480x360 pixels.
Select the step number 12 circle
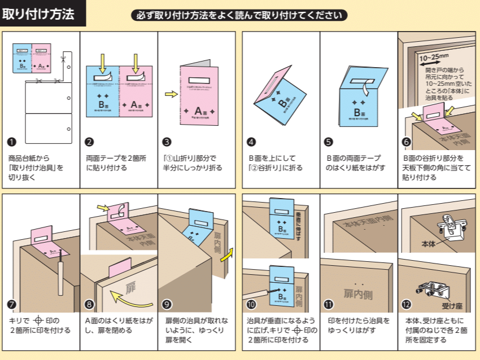(407, 305)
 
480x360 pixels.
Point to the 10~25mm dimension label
(434, 56)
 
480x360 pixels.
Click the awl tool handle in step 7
(58, 282)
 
